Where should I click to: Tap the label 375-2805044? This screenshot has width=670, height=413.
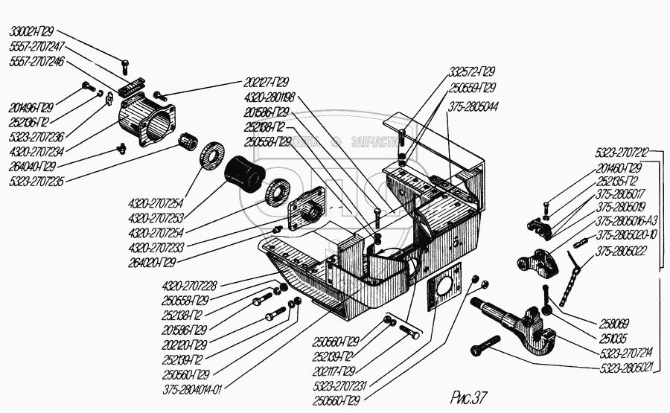coord(474,106)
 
